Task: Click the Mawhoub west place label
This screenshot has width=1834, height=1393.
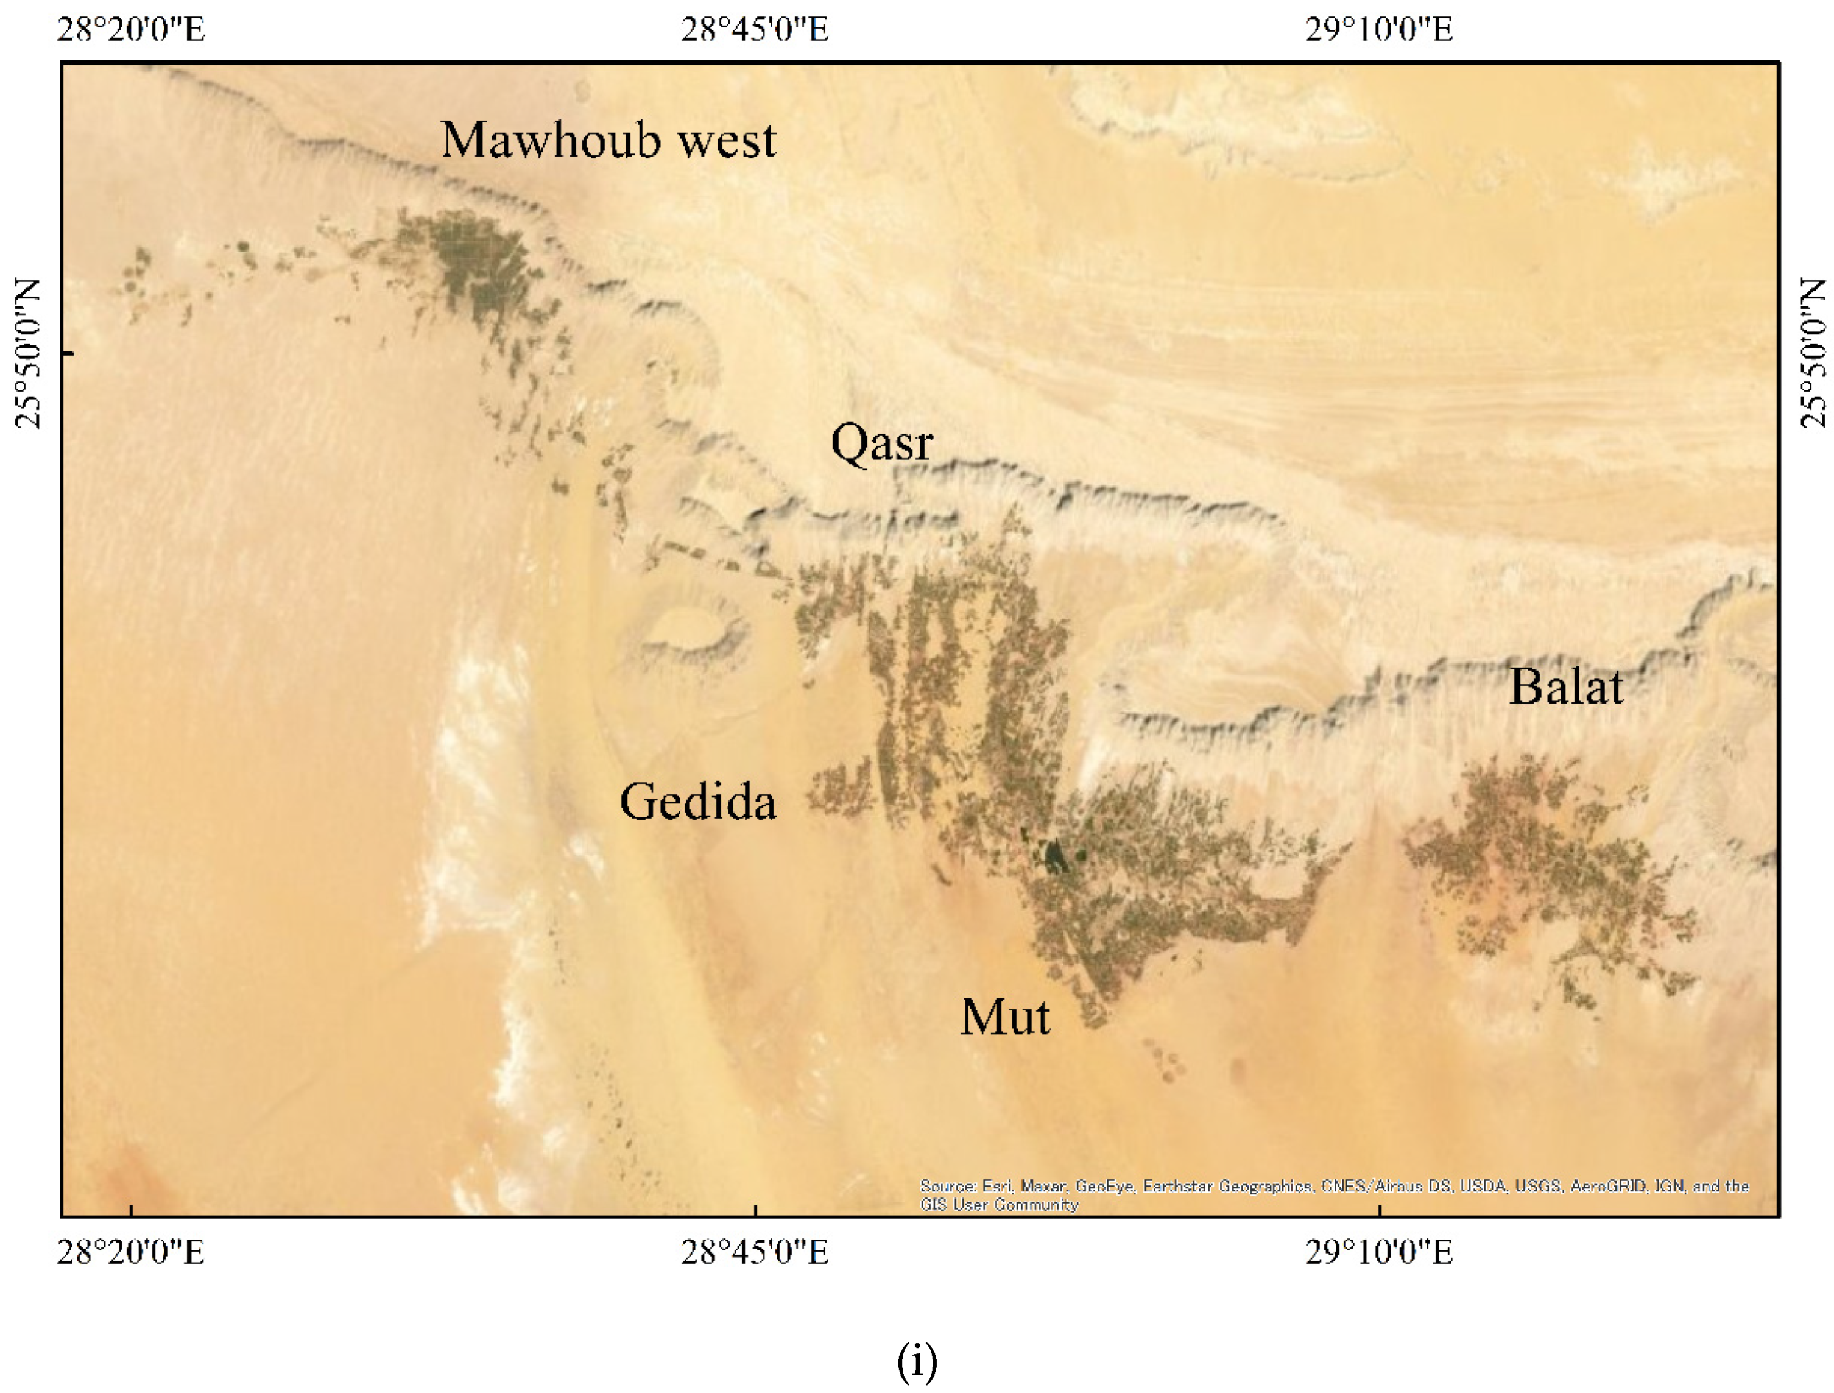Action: [x=608, y=139]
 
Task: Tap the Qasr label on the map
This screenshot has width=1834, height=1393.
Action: [x=881, y=443]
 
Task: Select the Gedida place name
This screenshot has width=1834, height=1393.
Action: [x=698, y=802]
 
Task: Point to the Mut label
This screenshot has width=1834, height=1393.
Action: [x=1005, y=1017]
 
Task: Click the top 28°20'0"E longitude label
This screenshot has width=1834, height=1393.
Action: [x=131, y=30]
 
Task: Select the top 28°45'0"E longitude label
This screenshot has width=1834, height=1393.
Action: [x=755, y=30]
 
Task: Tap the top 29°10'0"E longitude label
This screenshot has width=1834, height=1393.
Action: [x=1379, y=30]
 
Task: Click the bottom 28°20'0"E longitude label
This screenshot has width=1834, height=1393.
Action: [x=131, y=1252]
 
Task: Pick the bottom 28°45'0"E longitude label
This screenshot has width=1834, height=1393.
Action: [x=755, y=1252]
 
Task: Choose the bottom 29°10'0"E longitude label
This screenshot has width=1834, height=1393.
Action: [x=1379, y=1252]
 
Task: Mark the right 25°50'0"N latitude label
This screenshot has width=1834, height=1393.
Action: [x=1814, y=353]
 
